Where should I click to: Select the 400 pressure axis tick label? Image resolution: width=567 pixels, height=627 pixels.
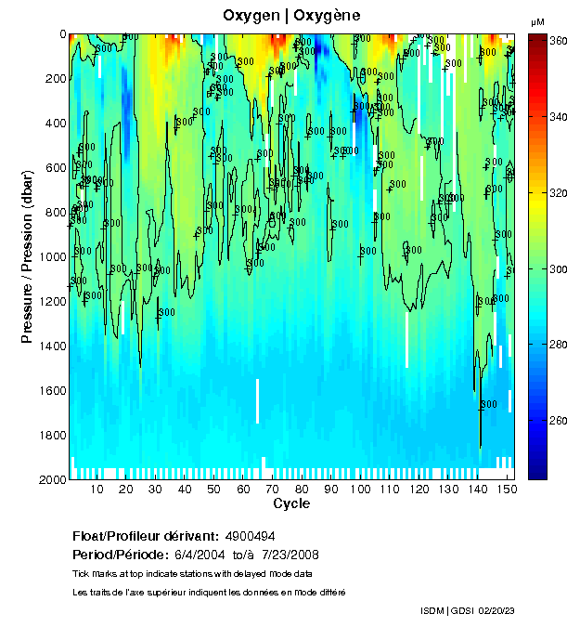[x=55, y=124]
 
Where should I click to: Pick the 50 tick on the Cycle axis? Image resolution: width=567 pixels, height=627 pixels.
[x=213, y=489]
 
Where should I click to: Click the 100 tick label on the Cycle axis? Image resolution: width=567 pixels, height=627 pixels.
[x=360, y=489]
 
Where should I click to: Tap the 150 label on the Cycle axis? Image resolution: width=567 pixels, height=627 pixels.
[x=507, y=489]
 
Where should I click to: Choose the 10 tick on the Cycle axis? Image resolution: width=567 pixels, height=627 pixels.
[x=97, y=489]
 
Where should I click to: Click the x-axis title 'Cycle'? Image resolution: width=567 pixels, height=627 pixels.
[x=291, y=503]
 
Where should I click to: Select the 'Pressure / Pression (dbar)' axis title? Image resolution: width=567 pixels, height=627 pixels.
[x=27, y=257]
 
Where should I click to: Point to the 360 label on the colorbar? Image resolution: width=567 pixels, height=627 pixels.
[x=559, y=41]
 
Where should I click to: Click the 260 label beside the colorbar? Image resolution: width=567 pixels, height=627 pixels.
[x=559, y=420]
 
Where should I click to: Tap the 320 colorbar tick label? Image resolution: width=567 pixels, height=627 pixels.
[x=559, y=193]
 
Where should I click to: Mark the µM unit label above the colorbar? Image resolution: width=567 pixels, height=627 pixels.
[x=537, y=21]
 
